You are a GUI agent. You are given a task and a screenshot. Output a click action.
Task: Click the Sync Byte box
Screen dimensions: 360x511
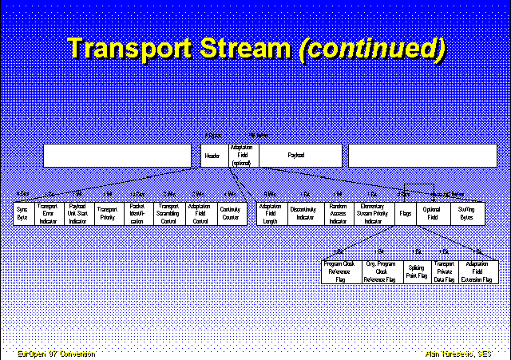23,213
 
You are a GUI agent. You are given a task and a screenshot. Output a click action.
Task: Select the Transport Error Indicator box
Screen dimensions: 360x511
48,213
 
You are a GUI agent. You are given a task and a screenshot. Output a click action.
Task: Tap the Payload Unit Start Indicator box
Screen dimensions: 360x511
77,213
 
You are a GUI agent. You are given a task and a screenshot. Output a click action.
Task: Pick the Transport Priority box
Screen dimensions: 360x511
107,213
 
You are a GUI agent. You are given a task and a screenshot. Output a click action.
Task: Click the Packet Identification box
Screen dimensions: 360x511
137,213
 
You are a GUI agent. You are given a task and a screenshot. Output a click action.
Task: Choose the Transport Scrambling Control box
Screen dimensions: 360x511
168,213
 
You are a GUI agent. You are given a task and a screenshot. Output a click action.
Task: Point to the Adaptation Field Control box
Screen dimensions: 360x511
199,213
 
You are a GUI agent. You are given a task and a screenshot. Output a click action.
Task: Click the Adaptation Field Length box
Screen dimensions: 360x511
271,213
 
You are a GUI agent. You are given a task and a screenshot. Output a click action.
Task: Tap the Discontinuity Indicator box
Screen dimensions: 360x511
303,213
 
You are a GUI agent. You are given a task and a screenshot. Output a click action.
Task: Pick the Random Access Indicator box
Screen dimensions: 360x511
339,213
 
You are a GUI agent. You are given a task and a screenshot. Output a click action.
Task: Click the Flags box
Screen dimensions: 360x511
405,213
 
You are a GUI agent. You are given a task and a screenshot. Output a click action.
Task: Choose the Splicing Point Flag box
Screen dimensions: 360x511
416,271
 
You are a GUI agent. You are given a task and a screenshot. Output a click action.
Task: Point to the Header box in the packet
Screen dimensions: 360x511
212,155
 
